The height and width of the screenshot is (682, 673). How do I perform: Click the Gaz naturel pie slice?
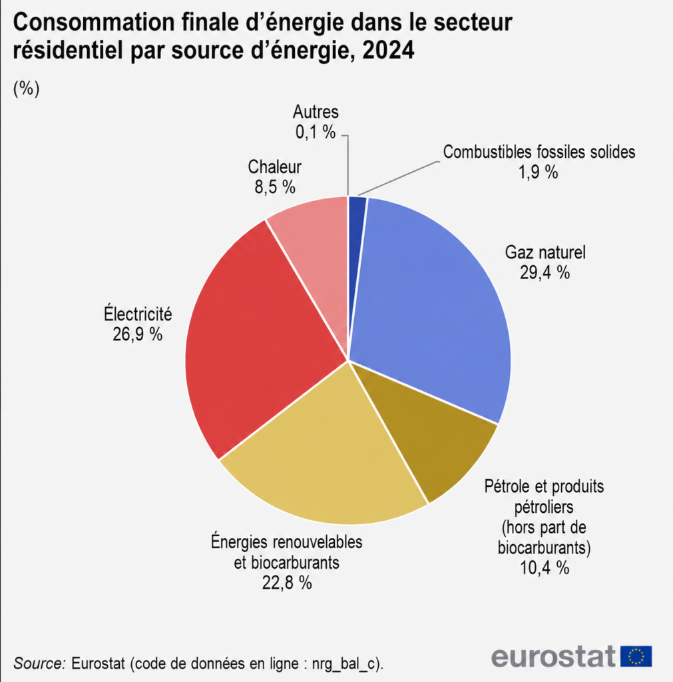pos(431,304)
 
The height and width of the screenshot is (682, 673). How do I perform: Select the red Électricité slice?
pos(256,344)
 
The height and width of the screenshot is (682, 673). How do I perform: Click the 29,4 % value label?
pos(545,272)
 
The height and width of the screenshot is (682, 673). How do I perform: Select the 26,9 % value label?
pos(137,334)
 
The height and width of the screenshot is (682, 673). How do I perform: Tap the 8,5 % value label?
pos(275,187)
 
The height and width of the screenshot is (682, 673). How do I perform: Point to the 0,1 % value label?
pos(315,132)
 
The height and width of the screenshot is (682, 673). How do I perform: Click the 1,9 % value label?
pos(538,172)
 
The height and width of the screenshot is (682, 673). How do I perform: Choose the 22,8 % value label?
pos(287,583)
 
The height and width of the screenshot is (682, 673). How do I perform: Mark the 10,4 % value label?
pos(545,567)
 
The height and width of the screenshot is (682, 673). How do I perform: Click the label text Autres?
pos(315,112)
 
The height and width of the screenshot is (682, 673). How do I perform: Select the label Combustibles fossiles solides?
pos(539,152)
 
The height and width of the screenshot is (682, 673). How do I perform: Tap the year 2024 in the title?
pos(388,51)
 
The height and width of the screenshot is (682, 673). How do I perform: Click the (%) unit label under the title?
pos(27,89)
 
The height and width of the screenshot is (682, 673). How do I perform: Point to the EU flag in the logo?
pos(636,656)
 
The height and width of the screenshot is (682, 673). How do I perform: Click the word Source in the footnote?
pos(39,664)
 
